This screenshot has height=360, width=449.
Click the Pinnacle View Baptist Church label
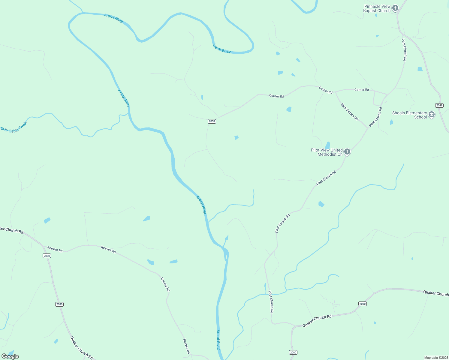[x=377, y=8]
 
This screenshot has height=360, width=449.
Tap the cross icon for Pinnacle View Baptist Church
[x=395, y=8]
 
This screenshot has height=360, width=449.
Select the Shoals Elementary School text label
[x=409, y=115]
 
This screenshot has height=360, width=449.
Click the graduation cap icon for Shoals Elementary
[x=432, y=115]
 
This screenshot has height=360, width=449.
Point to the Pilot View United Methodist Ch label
[x=327, y=152]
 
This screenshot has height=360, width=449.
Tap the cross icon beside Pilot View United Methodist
[x=347, y=152]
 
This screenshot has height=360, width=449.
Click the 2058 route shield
[x=212, y=121]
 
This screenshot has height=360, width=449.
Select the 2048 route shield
[x=439, y=105]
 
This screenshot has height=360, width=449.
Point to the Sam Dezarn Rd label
[x=349, y=112]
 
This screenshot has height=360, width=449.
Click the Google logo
[x=10, y=356]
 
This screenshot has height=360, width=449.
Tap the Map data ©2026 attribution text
[x=436, y=358]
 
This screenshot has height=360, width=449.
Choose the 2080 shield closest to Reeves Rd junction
[x=47, y=256]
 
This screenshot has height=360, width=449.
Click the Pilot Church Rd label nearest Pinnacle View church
[x=405, y=50]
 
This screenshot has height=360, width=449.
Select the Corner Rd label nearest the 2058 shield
[x=276, y=96]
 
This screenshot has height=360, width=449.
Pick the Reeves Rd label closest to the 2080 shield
[x=55, y=249]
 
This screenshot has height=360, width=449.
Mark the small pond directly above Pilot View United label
[x=327, y=145]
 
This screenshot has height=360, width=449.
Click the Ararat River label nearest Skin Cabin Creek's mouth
[x=124, y=98]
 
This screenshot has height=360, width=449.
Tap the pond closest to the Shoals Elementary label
[x=391, y=122]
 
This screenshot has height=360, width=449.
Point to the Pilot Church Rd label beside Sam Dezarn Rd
[x=375, y=117]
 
